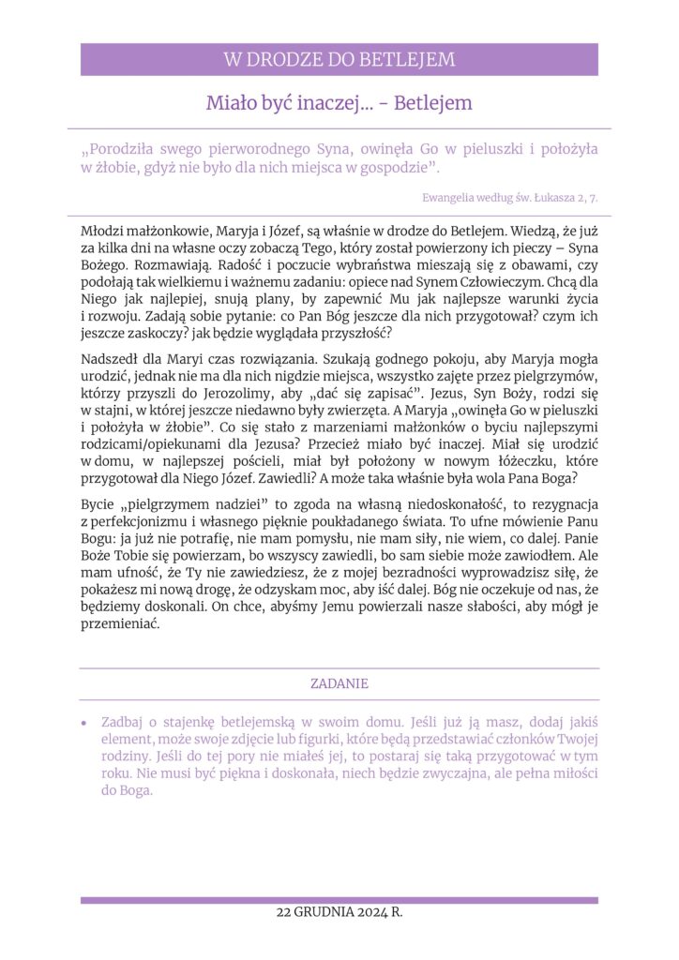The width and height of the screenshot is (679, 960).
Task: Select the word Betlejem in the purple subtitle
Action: click(x=433, y=103)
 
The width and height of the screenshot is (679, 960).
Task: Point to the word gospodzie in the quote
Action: click(x=396, y=167)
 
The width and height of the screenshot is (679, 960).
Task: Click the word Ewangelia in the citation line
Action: click(x=449, y=198)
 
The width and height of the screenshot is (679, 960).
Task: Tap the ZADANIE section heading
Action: click(x=339, y=684)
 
